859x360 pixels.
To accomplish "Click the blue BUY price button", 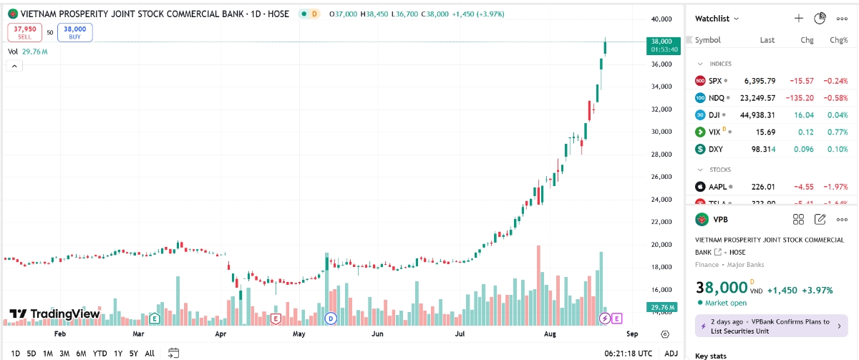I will click(74, 32).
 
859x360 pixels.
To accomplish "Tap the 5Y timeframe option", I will click(133, 353).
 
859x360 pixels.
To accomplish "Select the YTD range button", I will click(100, 353).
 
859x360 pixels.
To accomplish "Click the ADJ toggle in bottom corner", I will click(671, 353).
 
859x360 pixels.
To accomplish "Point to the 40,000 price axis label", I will click(661, 19).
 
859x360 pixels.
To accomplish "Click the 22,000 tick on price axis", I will click(661, 222).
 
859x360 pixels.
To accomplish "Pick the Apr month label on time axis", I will click(220, 334).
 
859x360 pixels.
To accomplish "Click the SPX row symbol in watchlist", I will click(715, 81).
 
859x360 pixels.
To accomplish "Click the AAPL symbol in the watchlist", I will click(717, 187).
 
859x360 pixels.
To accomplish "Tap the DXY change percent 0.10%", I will click(838, 150).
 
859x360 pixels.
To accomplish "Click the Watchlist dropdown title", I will click(717, 19).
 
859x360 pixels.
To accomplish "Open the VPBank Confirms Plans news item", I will click(770, 326).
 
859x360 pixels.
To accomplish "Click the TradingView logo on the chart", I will click(54, 313).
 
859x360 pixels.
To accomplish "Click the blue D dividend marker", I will click(331, 318).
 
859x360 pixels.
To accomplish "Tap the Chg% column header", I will click(838, 40).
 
